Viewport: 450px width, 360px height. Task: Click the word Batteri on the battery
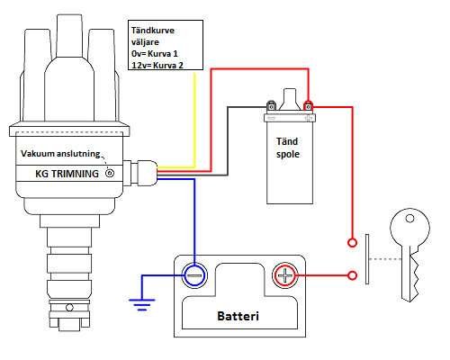pyautogui.click(x=238, y=316)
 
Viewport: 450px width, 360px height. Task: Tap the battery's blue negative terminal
pyautogui.click(x=194, y=275)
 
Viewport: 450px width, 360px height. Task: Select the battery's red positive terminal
pyautogui.click(x=285, y=275)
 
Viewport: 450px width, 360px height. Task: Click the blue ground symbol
pyautogui.click(x=142, y=304)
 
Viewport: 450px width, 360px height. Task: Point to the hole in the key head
pyautogui.click(x=409, y=219)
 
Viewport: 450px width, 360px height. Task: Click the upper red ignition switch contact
pyautogui.click(x=352, y=242)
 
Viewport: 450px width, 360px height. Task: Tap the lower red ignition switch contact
pyautogui.click(x=352, y=275)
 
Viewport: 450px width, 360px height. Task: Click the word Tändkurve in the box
pyautogui.click(x=153, y=31)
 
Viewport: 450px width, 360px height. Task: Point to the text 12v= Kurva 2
pyautogui.click(x=157, y=65)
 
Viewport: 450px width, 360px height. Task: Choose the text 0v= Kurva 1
pyautogui.click(x=155, y=54)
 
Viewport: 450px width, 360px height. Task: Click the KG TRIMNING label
pyautogui.click(x=67, y=174)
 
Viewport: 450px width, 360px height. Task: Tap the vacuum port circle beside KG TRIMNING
pyautogui.click(x=110, y=174)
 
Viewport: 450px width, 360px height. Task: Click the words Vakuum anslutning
pyautogui.click(x=60, y=154)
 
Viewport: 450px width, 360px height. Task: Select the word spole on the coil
pyautogui.click(x=288, y=154)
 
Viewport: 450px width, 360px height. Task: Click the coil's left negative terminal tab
pyautogui.click(x=271, y=105)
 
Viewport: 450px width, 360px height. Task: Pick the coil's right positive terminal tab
pyautogui.click(x=308, y=106)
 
